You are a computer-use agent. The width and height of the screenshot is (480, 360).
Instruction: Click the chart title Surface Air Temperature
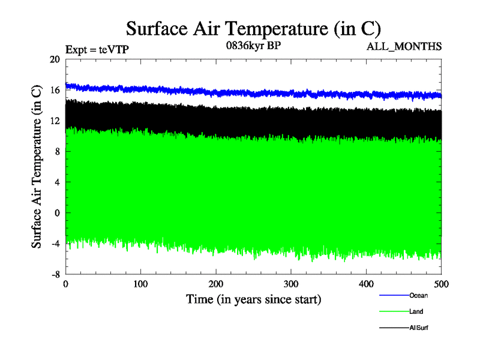click(x=254, y=28)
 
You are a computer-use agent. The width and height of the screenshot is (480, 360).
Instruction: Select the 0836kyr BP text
click(x=254, y=46)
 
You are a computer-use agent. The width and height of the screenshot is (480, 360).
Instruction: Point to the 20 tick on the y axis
click(x=55, y=59)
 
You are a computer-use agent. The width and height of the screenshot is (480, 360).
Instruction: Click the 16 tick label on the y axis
click(x=55, y=90)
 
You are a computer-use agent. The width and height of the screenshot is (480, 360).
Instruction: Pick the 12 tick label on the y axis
click(x=55, y=121)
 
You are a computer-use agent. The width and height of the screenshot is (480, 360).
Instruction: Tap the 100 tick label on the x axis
click(x=141, y=284)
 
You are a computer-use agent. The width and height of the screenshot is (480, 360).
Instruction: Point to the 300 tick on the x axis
click(x=291, y=284)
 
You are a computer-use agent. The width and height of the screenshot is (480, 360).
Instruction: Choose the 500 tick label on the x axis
click(x=441, y=284)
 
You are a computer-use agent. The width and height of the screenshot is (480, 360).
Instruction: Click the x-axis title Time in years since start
click(x=253, y=299)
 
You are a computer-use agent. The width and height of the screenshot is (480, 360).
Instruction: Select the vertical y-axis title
click(x=37, y=167)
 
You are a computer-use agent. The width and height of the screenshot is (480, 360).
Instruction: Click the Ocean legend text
click(x=418, y=295)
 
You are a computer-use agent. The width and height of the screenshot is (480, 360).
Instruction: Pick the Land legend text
click(x=417, y=311)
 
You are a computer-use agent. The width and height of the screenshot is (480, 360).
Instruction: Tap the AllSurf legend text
click(x=419, y=328)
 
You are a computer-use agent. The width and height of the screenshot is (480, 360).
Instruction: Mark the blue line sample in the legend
click(x=394, y=295)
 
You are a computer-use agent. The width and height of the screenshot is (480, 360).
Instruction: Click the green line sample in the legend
click(x=394, y=311)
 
